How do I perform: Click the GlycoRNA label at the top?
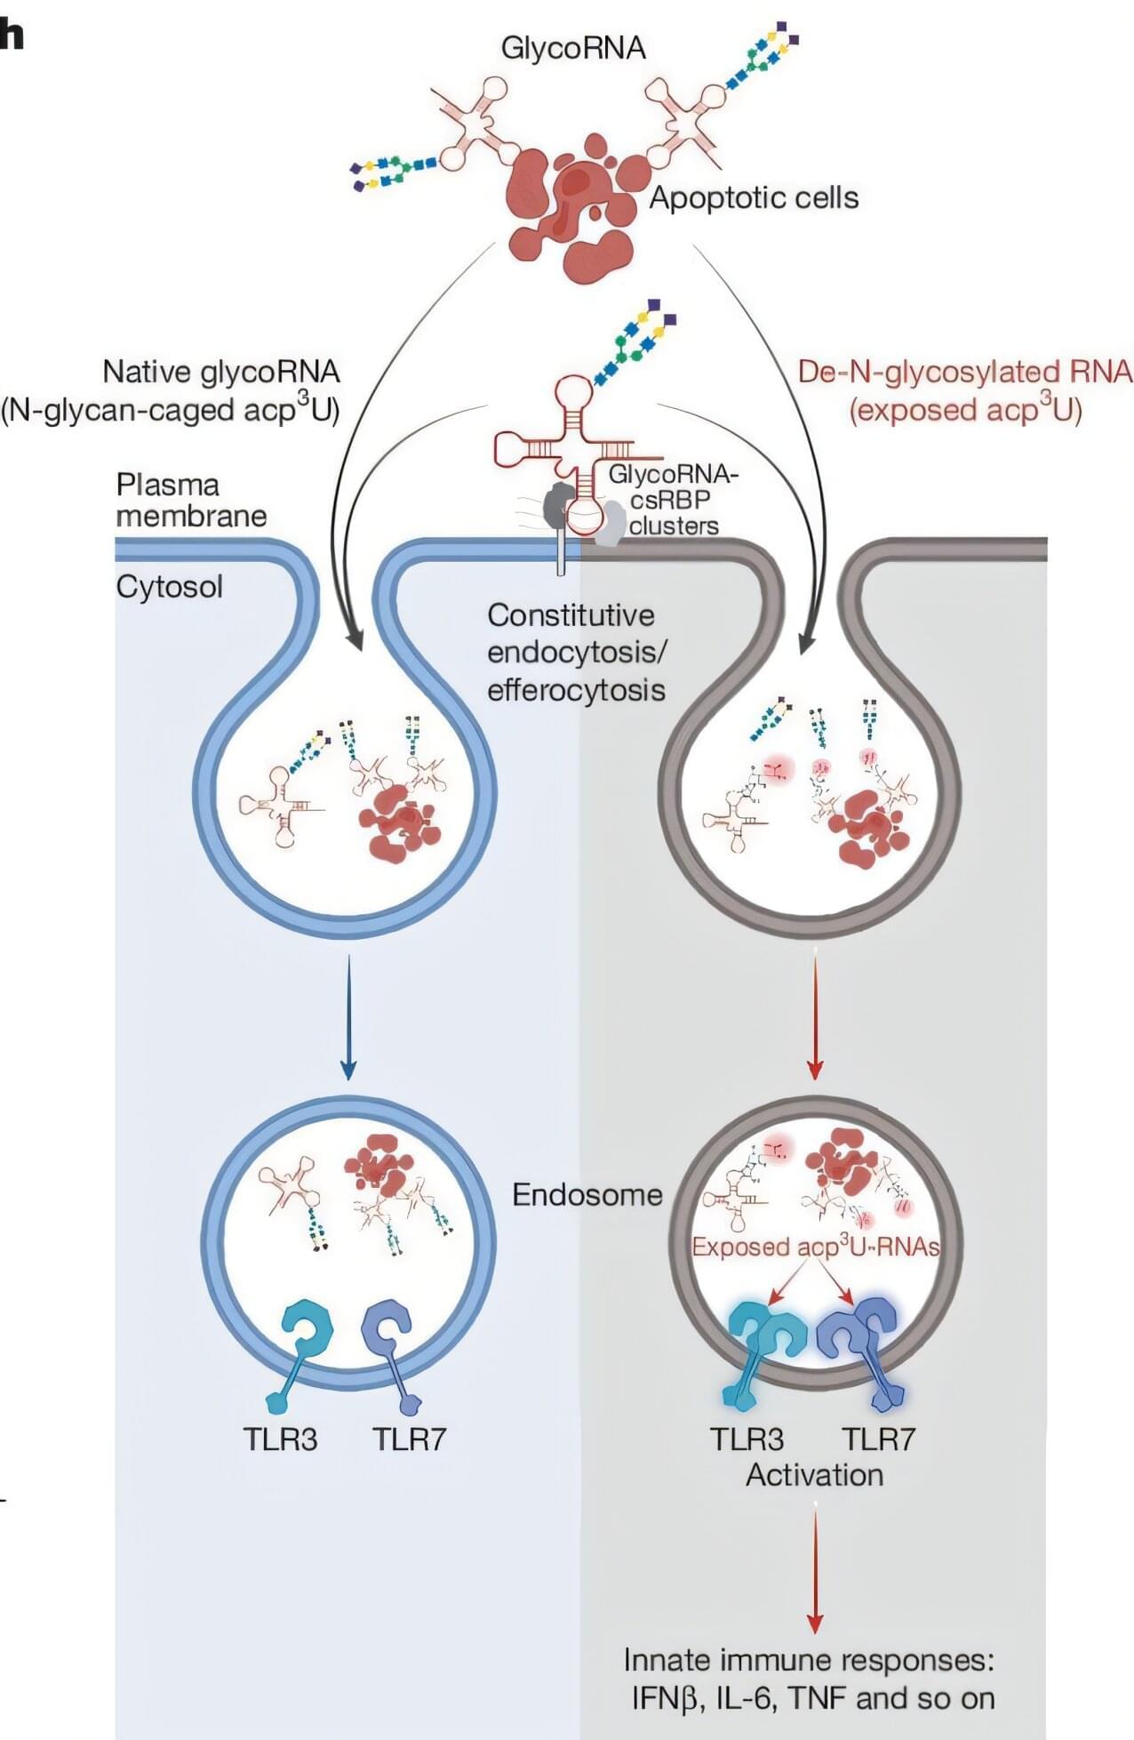[x=573, y=47]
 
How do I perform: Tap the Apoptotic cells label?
[x=754, y=197]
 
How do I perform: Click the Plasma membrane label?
[x=191, y=501]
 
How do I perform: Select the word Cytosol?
[x=169, y=587]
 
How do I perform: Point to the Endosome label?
[x=587, y=1194]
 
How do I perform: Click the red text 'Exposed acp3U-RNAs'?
[x=816, y=1247]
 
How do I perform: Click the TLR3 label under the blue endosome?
[x=280, y=1439]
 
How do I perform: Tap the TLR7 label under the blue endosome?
[x=408, y=1439]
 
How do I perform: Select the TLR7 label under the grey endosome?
[x=878, y=1439]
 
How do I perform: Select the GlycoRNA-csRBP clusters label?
[x=673, y=500]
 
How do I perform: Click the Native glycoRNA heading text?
[x=220, y=372]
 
